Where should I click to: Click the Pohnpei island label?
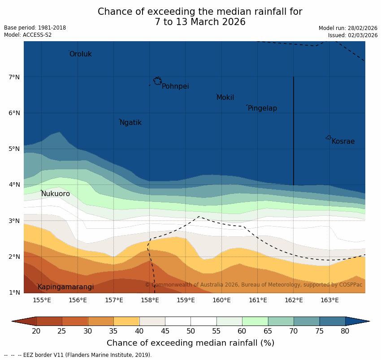[175, 86]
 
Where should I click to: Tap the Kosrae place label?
[343, 141]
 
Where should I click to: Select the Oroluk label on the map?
[81, 54]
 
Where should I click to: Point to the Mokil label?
[225, 98]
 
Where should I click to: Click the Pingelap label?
[262, 108]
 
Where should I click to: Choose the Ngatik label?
[130, 123]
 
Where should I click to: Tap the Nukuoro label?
[56, 194]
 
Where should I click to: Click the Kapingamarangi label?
[66, 287]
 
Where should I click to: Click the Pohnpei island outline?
[157, 81]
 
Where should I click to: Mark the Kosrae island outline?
[329, 137]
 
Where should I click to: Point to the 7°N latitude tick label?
[14, 77]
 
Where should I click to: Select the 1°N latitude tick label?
[14, 292]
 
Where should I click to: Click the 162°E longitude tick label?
[294, 300]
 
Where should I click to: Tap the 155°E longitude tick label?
[42, 300]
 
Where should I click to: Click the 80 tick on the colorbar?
[345, 331]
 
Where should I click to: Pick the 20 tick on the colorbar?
[36, 331]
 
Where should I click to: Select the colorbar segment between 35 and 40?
[126, 321]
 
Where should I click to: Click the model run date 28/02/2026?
[363, 28]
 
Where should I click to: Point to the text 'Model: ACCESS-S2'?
[28, 35]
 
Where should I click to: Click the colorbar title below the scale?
[190, 343]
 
